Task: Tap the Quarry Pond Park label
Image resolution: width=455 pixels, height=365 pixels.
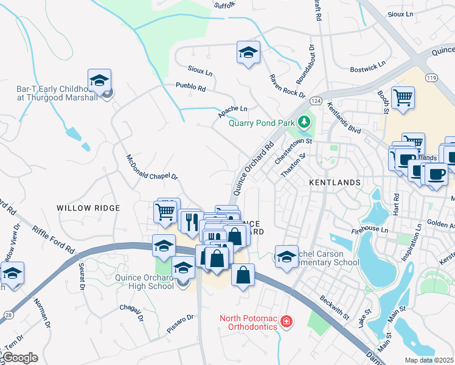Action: (261, 123)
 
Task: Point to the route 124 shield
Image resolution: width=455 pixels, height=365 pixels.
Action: (316, 100)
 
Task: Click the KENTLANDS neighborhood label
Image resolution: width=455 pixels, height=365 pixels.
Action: (335, 182)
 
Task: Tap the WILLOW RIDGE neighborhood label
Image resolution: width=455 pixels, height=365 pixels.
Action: (88, 208)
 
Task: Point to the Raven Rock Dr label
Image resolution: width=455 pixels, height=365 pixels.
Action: (287, 86)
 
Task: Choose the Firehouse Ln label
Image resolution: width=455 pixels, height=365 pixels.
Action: (369, 230)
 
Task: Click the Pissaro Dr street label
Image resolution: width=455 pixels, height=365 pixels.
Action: (181, 318)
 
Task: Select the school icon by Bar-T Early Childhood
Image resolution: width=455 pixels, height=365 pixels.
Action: (99, 80)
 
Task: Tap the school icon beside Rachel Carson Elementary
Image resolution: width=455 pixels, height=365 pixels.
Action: (287, 255)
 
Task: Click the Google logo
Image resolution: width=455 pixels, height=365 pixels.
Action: (19, 358)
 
